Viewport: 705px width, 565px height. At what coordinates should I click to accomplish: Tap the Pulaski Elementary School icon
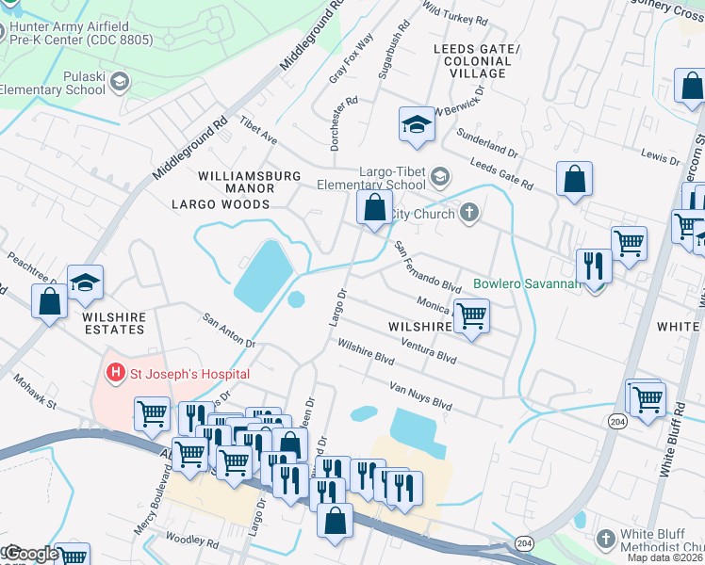coord(120,83)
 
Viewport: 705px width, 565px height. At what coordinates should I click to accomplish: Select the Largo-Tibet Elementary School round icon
coord(439,177)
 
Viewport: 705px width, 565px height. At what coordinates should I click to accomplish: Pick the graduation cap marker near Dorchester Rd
coord(415,125)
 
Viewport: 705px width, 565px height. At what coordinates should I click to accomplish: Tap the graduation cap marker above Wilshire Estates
coord(85,282)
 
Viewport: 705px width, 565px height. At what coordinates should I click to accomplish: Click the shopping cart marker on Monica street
coord(471,315)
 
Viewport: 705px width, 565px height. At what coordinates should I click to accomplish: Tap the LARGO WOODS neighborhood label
coord(221,203)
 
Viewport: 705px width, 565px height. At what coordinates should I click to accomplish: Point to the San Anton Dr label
coord(230,331)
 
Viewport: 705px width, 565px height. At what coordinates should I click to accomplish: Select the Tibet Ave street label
coord(258,131)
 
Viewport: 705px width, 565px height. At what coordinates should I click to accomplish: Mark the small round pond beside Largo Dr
coord(296,300)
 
